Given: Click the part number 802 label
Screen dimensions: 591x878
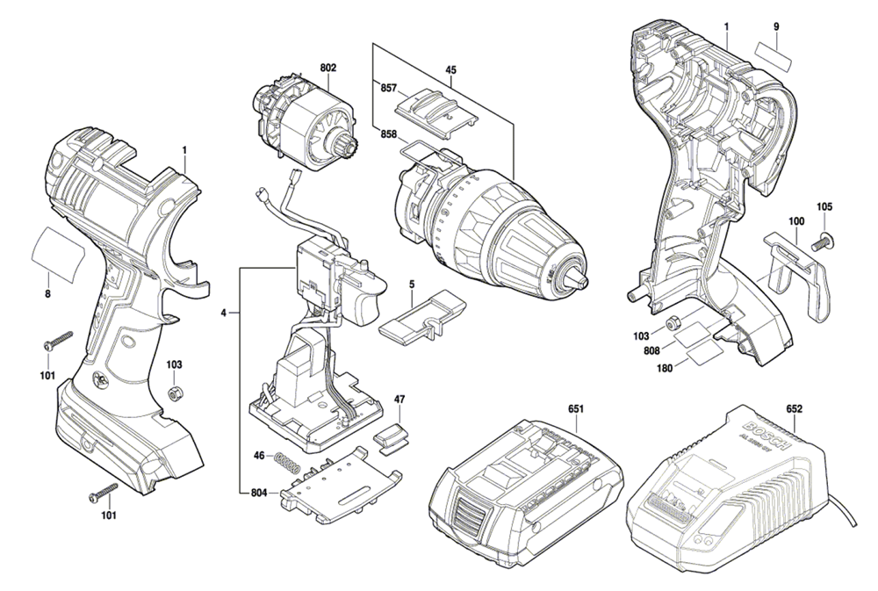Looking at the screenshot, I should (x=327, y=68).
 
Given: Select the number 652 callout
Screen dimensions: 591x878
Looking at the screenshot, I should (x=795, y=408).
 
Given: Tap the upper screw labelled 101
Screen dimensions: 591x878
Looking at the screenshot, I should (x=57, y=338).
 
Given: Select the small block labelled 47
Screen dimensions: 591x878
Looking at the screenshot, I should (x=391, y=436).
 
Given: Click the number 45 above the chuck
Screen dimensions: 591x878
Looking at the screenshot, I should (x=450, y=70).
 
